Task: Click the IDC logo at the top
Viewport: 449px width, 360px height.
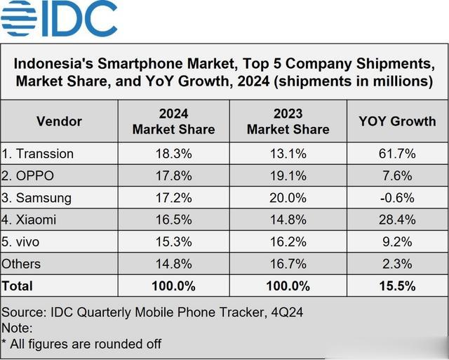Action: pyautogui.click(x=59, y=19)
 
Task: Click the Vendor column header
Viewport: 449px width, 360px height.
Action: pyautogui.click(x=59, y=121)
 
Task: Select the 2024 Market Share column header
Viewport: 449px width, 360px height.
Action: pyautogui.click(x=173, y=121)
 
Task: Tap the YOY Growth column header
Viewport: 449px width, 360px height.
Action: pyautogui.click(x=397, y=121)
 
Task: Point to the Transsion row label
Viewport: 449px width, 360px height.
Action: pyautogui.click(x=38, y=154)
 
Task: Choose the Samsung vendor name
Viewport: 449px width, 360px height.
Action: pyautogui.click(x=38, y=198)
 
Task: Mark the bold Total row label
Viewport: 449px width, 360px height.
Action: pyautogui.click(x=18, y=286)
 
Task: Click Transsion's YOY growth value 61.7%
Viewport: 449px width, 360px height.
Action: pyautogui.click(x=397, y=154)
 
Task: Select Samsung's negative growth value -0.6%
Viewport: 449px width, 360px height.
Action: pyautogui.click(x=397, y=198)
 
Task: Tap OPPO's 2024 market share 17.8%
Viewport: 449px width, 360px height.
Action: pyautogui.click(x=173, y=175)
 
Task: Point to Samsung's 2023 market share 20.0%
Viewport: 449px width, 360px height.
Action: pyautogui.click(x=288, y=198)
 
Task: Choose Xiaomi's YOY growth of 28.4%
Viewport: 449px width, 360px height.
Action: pyautogui.click(x=397, y=220)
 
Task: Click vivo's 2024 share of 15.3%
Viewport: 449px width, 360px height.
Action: pyautogui.click(x=173, y=242)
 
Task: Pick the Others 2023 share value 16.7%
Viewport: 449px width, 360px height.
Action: pyautogui.click(x=288, y=264)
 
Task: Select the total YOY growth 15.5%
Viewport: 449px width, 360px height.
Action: pyautogui.click(x=397, y=286)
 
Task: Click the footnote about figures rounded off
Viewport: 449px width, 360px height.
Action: pyautogui.click(x=81, y=344)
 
